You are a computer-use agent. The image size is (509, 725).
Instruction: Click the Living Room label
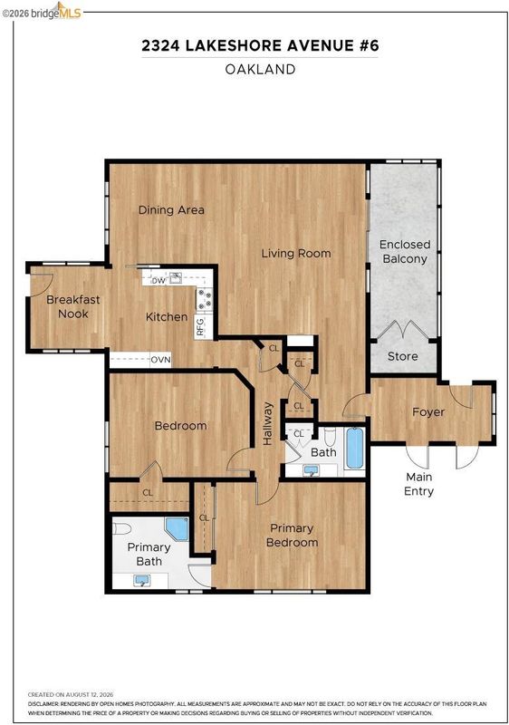point(296,254)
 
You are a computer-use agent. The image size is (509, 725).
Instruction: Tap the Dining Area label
point(171,210)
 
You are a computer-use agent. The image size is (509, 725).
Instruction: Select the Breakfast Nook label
point(73,306)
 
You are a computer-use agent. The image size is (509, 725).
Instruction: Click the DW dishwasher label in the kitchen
point(158,281)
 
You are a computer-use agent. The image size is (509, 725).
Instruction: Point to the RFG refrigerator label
point(200,327)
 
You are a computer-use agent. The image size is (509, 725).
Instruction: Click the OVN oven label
point(160,359)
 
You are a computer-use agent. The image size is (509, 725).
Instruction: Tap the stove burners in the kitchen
point(205,298)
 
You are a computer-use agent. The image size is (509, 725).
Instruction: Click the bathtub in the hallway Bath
point(354,448)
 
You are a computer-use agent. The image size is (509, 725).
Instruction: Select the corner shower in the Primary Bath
point(177,529)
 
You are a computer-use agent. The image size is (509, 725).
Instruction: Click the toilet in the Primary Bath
point(122,527)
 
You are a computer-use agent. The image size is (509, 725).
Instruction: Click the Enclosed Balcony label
point(405,252)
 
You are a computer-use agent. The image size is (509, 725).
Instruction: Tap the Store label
point(403,356)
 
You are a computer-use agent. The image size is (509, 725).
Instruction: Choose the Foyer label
point(428,412)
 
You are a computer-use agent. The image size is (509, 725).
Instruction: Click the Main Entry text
point(419,484)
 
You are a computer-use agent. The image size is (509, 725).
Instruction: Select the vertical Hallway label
point(268,423)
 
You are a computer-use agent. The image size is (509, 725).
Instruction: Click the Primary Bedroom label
point(292,536)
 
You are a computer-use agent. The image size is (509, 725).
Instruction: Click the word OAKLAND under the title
point(260,70)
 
